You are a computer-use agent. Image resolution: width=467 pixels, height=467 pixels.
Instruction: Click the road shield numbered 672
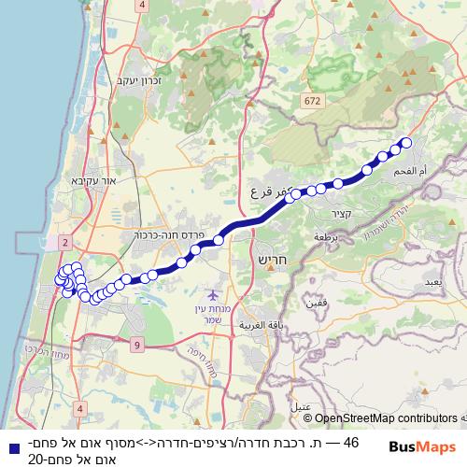[x=312, y=98]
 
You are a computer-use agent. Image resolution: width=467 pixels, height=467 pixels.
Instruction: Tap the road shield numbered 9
[x=136, y=346]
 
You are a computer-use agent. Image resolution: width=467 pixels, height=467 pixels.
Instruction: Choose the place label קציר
[x=340, y=214]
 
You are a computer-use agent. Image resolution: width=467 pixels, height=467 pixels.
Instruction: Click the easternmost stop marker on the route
[x=405, y=143]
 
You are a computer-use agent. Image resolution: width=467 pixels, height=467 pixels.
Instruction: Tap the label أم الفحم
[x=437, y=173]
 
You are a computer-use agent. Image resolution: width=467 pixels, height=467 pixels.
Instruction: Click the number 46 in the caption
[x=351, y=442]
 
